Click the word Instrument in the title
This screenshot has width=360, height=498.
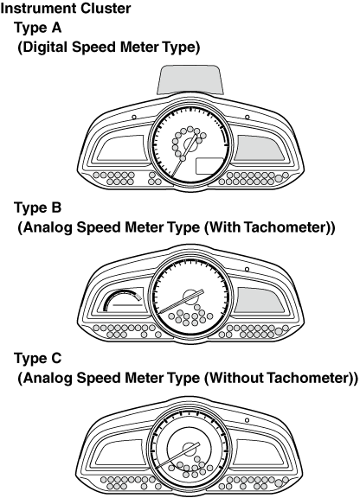pyautogui.click(x=38, y=8)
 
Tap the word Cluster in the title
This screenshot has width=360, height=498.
pyautogui.click(x=106, y=8)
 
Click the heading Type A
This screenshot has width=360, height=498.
pyautogui.click(x=38, y=28)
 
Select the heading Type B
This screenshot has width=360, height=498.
pyautogui.click(x=38, y=207)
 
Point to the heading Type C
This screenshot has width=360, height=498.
pyautogui.click(x=38, y=359)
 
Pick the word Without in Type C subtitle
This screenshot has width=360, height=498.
pyautogui.click(x=236, y=378)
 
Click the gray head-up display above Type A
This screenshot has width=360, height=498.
pyautogui.click(x=190, y=80)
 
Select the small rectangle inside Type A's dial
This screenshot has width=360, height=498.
pyautogui.click(x=209, y=166)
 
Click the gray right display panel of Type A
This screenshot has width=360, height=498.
pyautogui.click(x=260, y=148)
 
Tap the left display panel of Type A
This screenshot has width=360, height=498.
pyautogui.click(x=121, y=148)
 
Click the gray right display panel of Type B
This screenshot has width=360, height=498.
pyautogui.click(x=260, y=300)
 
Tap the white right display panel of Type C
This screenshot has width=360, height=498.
pyautogui.click(x=260, y=452)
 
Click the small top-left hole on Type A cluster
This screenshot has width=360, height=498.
pyautogui.click(x=134, y=118)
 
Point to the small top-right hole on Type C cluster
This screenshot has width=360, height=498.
pyautogui.click(x=247, y=420)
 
